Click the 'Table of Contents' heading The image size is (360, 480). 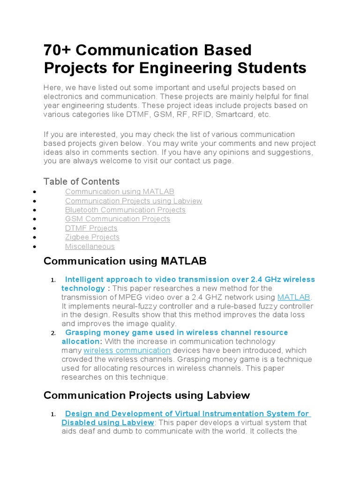click(x=81, y=181)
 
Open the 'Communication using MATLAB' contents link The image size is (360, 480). click(x=120, y=192)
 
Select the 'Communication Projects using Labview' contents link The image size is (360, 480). click(x=134, y=201)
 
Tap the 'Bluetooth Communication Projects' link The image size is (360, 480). click(x=125, y=210)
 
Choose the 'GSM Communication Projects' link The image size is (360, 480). click(x=117, y=219)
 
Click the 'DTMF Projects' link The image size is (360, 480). click(x=91, y=228)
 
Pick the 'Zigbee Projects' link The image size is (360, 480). click(x=92, y=237)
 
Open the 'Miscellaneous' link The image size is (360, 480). click(x=90, y=247)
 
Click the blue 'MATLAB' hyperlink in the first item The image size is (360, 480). click(x=294, y=297)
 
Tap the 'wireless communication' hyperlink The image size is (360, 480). click(x=127, y=351)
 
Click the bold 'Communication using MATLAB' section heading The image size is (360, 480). click(x=125, y=261)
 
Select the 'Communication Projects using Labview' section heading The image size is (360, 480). click(x=147, y=395)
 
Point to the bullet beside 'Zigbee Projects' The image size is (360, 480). click(x=36, y=238)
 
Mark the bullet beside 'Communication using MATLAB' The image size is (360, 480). click(x=36, y=192)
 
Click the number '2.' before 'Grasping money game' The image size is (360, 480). click(x=53, y=333)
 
